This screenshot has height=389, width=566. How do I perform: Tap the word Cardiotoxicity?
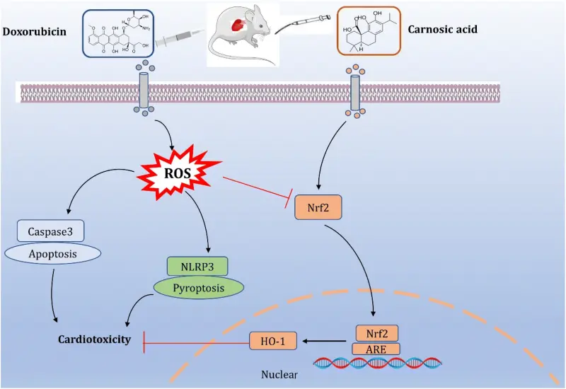[x=95, y=340]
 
